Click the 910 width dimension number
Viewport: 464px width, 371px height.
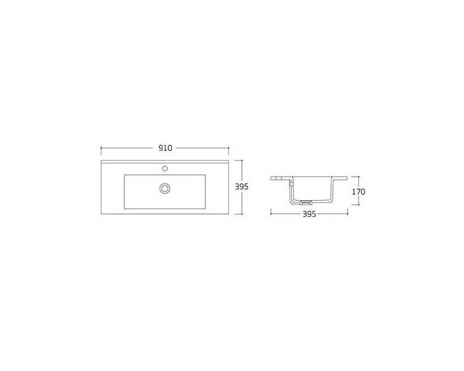pos(165,148)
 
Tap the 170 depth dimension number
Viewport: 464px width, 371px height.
pos(358,192)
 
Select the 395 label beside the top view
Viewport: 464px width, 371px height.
pos(241,187)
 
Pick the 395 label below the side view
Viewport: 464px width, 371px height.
pos(309,214)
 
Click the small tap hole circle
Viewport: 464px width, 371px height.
pos(165,169)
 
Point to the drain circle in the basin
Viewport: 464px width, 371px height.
pos(165,188)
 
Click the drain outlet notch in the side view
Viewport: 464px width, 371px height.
pos(306,202)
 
